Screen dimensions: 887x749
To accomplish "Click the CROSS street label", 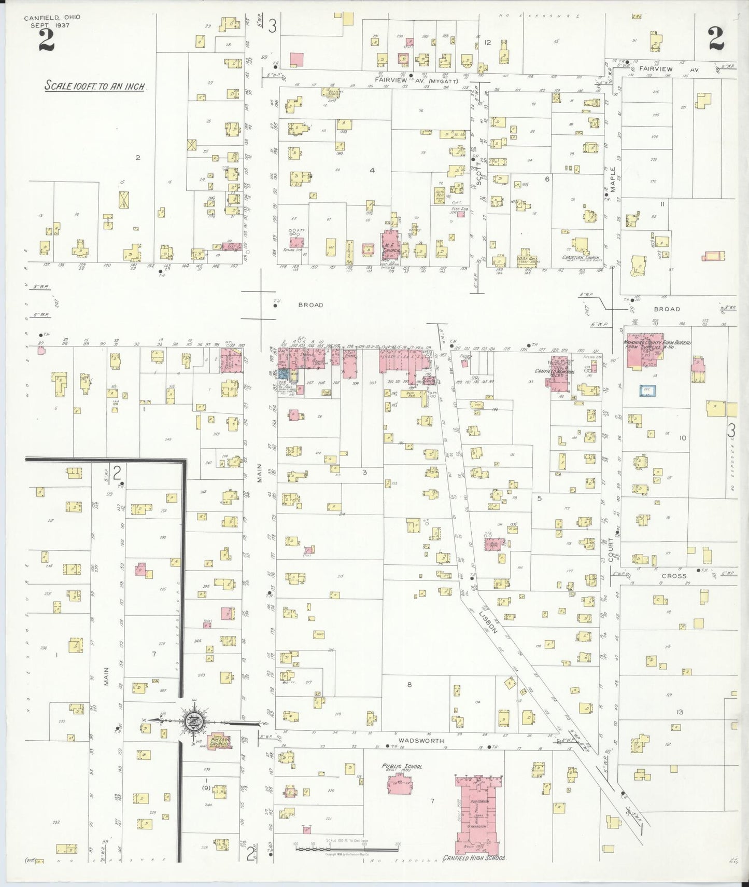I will click(674, 576).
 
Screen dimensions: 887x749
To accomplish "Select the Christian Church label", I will click(581, 258).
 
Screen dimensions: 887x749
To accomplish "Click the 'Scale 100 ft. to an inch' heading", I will click(94, 86).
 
